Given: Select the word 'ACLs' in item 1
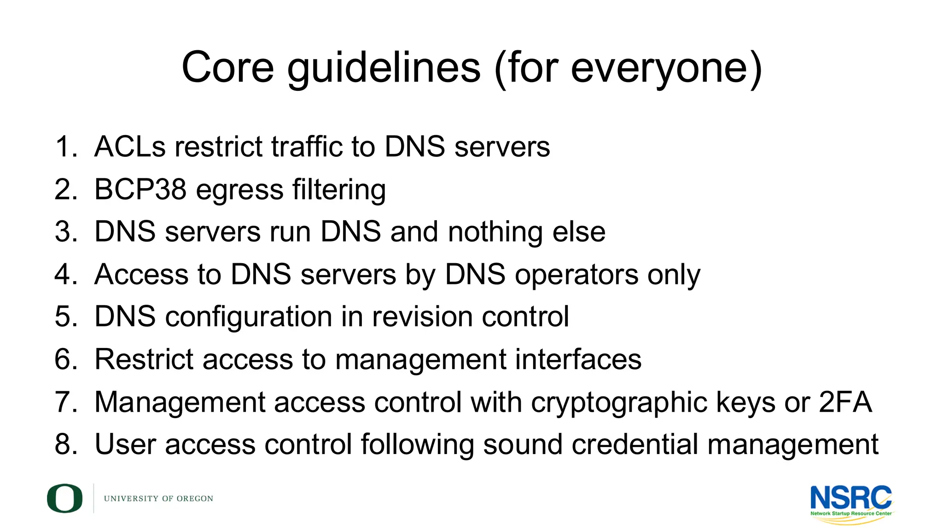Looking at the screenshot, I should point(130,147).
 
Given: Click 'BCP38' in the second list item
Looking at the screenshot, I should point(140,189).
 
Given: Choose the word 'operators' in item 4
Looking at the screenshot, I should point(576,275).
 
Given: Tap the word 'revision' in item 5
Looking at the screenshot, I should point(422,317).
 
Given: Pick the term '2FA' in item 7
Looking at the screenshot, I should point(845,401).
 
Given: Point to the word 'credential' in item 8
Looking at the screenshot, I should point(636,444).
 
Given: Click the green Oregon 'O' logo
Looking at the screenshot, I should point(64,498).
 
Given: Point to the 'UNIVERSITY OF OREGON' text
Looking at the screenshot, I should point(158,499).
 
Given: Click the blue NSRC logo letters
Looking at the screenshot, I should point(850,498).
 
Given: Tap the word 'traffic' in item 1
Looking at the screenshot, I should point(306,147).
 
